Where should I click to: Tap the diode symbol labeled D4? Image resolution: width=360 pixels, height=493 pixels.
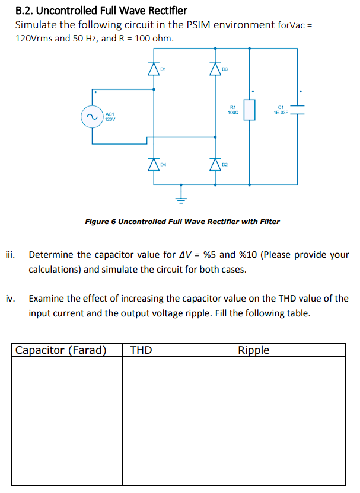tap(154, 164)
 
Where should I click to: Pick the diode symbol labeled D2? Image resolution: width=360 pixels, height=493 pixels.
tap(215, 164)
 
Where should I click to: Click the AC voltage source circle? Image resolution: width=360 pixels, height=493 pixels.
tap(92, 117)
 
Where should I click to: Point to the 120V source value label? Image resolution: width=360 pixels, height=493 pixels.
tap(110, 119)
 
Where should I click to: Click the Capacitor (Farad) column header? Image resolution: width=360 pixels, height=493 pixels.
tap(61, 350)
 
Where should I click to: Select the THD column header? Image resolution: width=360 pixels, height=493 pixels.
tap(141, 350)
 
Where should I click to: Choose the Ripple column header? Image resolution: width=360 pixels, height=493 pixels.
tap(254, 350)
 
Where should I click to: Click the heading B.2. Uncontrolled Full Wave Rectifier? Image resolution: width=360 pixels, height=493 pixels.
tap(101, 11)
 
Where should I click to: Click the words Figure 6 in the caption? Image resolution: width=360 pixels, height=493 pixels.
tap(100, 222)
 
